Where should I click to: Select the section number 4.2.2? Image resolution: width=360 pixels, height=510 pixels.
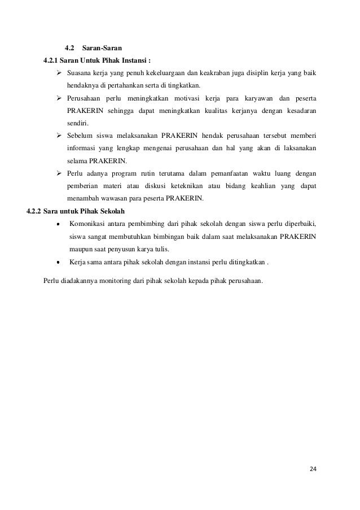(x=35, y=212)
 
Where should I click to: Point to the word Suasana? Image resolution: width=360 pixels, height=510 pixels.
(x=80, y=74)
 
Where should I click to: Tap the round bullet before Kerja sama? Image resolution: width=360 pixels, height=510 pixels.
(x=59, y=263)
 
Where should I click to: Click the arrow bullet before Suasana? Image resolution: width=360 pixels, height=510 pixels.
(x=59, y=74)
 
